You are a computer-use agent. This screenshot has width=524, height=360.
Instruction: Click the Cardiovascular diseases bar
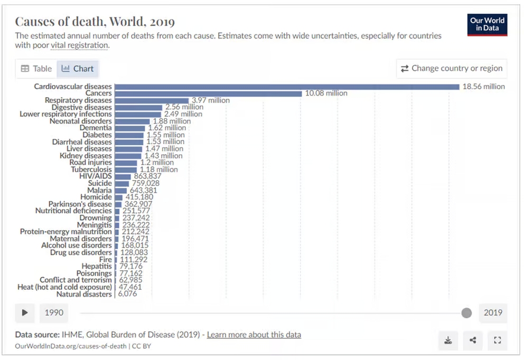287,87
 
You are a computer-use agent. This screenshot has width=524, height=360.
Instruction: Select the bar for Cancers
208,94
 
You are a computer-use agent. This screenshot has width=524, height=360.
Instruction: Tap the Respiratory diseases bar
152,100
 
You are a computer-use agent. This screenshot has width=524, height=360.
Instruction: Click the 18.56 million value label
483,87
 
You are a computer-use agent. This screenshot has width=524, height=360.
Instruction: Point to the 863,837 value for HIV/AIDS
147,176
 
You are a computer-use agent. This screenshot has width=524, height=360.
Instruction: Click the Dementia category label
96,128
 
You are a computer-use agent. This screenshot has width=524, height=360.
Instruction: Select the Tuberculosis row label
91,169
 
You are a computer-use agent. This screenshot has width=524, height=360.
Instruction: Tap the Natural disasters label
84,294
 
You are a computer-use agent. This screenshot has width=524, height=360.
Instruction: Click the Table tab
36,69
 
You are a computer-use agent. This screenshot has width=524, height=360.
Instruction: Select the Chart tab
78,69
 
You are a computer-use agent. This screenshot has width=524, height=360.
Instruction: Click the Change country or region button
452,69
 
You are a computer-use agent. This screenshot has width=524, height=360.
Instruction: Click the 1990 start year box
54,313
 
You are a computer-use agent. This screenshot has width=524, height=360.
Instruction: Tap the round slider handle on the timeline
466,313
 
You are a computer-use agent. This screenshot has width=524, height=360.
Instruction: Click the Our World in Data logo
487,25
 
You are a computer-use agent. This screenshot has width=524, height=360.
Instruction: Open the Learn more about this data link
254,335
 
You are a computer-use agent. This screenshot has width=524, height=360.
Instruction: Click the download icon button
448,340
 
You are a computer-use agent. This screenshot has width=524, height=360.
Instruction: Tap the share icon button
473,340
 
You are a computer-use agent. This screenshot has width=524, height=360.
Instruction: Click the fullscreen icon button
498,340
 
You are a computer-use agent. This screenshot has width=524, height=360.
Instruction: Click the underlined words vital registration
80,45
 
